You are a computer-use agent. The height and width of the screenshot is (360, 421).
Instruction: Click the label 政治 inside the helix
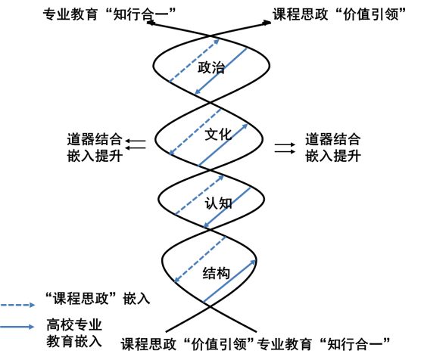click(x=211, y=67)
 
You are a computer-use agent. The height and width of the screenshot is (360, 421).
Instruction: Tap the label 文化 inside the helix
click(x=218, y=134)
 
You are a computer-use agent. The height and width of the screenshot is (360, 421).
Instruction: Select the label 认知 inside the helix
click(x=218, y=203)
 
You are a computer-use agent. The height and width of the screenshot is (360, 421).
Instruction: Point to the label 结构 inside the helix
click(x=216, y=273)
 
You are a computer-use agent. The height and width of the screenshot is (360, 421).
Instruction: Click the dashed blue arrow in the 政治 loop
click(x=194, y=61)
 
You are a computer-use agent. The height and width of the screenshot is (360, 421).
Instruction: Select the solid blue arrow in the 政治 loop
click(x=220, y=71)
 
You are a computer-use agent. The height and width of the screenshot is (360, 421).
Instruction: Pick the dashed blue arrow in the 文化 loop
click(x=195, y=132)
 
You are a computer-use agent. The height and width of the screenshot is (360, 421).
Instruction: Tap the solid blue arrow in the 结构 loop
click(x=229, y=281)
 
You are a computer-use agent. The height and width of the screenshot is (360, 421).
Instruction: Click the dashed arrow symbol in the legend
click(x=17, y=305)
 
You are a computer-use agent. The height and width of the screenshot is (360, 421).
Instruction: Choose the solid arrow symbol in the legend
click(x=17, y=327)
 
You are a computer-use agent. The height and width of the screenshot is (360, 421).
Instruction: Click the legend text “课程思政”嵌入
click(x=98, y=298)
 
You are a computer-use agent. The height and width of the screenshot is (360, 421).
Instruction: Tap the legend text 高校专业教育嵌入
click(x=74, y=333)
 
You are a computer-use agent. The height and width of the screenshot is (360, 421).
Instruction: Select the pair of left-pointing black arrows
click(x=136, y=144)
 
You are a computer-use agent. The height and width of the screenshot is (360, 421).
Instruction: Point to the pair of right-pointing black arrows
click(x=285, y=148)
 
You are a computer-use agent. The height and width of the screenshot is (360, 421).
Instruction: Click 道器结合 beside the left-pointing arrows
click(x=95, y=139)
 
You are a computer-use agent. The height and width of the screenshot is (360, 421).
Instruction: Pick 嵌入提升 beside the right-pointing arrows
click(x=333, y=156)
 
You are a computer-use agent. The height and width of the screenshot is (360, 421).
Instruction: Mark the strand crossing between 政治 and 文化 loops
click(x=210, y=102)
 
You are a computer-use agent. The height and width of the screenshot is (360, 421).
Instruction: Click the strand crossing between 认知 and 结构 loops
click(x=210, y=229)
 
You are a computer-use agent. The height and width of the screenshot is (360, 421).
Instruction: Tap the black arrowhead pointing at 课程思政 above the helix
click(x=267, y=23)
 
